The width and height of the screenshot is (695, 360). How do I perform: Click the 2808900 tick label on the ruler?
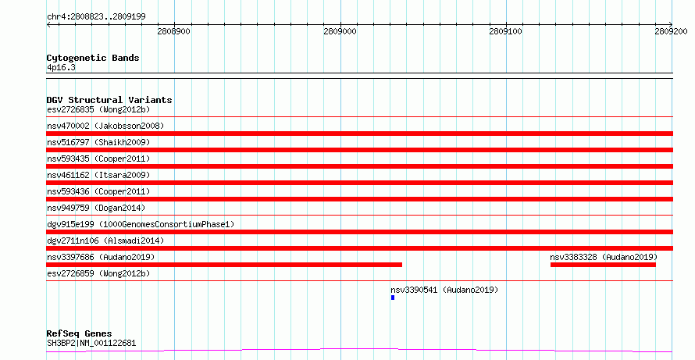click(x=173, y=31)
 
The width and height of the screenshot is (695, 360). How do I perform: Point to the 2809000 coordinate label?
click(x=340, y=31)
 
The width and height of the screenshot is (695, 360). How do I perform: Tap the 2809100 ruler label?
click(x=506, y=31)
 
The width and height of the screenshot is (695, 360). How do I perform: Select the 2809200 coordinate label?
click(x=671, y=31)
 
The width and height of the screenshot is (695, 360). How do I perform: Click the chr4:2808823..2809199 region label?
click(x=96, y=17)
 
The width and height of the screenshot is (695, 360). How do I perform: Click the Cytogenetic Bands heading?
click(x=93, y=58)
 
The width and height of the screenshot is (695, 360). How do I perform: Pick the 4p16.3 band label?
click(x=61, y=68)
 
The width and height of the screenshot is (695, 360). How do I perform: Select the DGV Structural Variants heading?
click(x=109, y=100)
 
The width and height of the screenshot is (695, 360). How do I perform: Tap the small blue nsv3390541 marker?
click(x=393, y=298)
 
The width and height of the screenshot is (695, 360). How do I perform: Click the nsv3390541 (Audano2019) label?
click(x=444, y=290)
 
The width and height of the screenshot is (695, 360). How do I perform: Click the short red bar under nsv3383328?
click(x=603, y=265)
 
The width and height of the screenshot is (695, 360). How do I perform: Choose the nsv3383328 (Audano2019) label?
click(x=604, y=257)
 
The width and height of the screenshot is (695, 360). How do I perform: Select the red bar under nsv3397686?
click(x=224, y=265)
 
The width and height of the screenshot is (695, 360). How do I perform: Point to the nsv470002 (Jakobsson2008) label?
click(x=105, y=126)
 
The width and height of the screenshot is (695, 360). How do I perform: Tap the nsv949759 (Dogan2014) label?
click(x=96, y=208)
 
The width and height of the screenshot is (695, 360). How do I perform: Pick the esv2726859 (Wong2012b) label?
click(x=98, y=273)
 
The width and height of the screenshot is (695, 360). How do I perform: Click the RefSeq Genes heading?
click(x=80, y=333)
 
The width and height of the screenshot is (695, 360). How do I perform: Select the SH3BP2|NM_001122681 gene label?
click(x=91, y=343)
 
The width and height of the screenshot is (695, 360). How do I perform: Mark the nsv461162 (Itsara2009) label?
click(x=98, y=175)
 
